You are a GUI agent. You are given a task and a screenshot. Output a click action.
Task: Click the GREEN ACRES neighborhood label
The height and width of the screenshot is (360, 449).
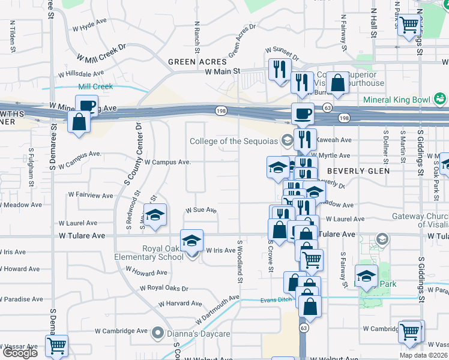pos(197,62)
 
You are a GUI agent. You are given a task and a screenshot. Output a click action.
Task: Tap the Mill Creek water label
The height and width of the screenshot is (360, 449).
pos(95,86)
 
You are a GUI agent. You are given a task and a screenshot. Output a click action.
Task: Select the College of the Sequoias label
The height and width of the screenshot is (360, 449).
pos(234,142)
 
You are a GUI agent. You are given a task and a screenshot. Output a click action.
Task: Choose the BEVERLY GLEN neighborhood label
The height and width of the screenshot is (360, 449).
pos(358,171)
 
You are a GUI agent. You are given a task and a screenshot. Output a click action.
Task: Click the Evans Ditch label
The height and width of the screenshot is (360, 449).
pos(275,300)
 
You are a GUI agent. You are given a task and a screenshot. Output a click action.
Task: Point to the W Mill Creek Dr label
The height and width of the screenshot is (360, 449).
pos(101,52)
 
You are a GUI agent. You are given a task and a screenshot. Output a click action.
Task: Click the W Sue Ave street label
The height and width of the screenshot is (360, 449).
pos(200,210)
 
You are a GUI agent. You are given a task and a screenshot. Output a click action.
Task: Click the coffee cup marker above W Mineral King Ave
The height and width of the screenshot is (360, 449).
pos(87,106)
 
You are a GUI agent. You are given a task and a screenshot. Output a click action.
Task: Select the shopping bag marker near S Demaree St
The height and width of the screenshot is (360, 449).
pos(79,122)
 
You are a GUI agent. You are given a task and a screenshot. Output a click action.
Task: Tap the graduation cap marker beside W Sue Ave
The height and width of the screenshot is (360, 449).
pos(155,215)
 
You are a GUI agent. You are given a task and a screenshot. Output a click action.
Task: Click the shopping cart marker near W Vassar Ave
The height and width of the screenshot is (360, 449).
pos(56,345)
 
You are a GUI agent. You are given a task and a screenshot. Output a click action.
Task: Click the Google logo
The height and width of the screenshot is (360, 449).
pos(20,352)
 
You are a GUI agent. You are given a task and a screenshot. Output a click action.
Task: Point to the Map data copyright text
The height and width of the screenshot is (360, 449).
pos(428,355)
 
